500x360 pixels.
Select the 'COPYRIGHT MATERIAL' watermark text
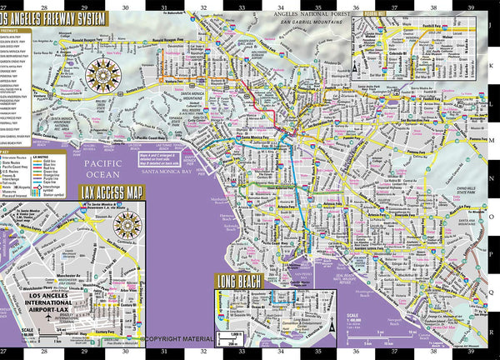coord(187,339)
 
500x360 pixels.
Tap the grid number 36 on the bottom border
coord(356,353)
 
